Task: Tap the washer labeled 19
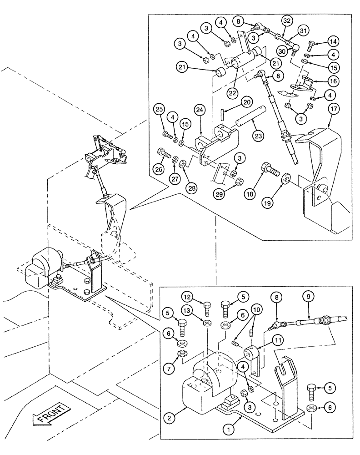pos(287,177)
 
